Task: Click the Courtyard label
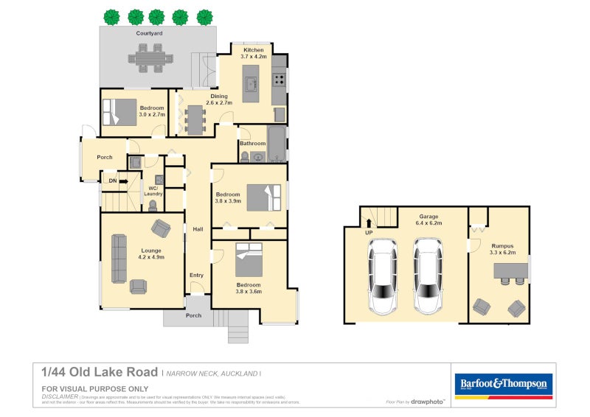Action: pyautogui.click(x=149, y=34)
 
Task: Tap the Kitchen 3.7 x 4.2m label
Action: pyautogui.click(x=249, y=53)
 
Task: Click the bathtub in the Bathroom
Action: pyautogui.click(x=276, y=144)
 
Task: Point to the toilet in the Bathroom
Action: pyautogui.click(x=244, y=155)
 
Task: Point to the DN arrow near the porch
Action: pyautogui.click(x=117, y=181)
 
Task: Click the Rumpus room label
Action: pyautogui.click(x=502, y=249)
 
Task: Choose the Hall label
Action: pyautogui.click(x=198, y=230)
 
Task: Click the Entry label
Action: pyautogui.click(x=196, y=276)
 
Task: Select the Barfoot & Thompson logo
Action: pyautogui.click(x=503, y=384)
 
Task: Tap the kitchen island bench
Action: pyautogui.click(x=251, y=82)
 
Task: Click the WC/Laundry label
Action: pyautogui.click(x=153, y=191)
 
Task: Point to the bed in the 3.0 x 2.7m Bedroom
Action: pyautogui.click(x=117, y=112)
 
